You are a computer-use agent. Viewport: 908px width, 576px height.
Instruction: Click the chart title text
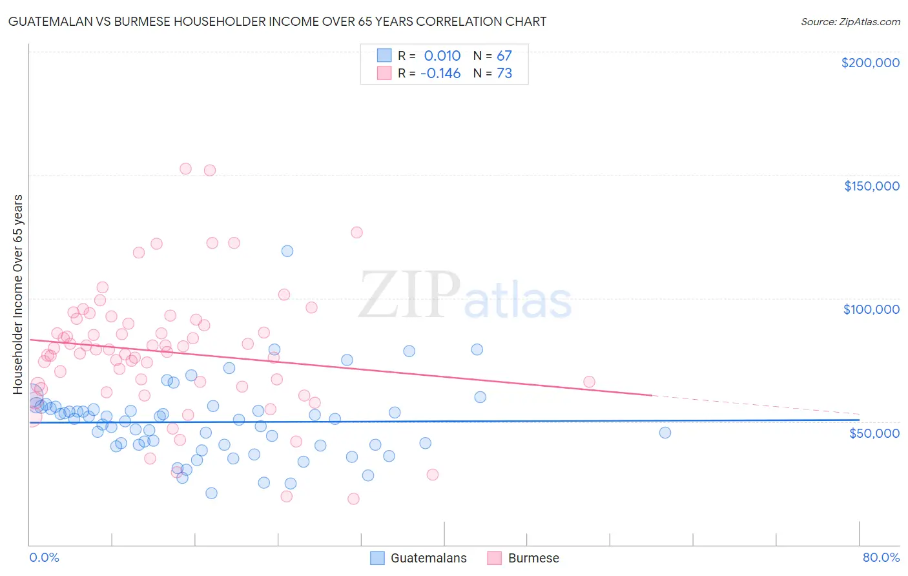tap(277, 21)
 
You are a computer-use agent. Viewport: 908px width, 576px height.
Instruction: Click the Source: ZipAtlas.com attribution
tap(850, 21)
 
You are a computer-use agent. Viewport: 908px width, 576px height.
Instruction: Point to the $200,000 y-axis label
tap(870, 63)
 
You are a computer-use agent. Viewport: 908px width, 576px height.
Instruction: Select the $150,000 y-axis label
tap(871, 186)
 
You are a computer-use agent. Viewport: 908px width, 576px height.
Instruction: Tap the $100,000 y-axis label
tap(871, 309)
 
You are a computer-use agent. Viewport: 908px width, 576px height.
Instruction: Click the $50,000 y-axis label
tap(874, 433)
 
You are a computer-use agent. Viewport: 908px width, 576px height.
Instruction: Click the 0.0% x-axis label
tap(44, 557)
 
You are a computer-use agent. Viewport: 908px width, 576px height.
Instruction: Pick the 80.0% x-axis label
tap(881, 557)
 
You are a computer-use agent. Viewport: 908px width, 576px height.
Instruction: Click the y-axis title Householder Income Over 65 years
tap(18, 294)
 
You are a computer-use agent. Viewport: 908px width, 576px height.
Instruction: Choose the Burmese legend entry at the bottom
tap(524, 558)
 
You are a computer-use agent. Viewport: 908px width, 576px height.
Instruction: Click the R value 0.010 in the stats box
tap(442, 56)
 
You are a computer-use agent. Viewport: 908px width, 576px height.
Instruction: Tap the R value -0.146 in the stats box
tap(440, 74)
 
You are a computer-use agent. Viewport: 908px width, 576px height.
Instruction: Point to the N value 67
tap(504, 56)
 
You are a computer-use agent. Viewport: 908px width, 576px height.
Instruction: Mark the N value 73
tap(504, 74)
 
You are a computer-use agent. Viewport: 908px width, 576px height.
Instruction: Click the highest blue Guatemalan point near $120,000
tap(287, 251)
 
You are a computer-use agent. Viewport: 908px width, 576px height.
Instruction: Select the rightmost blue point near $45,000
tap(665, 433)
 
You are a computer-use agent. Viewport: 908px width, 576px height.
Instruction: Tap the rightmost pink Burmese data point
tap(589, 382)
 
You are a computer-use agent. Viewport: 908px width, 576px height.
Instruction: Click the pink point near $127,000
tap(356, 232)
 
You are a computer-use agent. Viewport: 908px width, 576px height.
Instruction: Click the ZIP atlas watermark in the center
tap(465, 296)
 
